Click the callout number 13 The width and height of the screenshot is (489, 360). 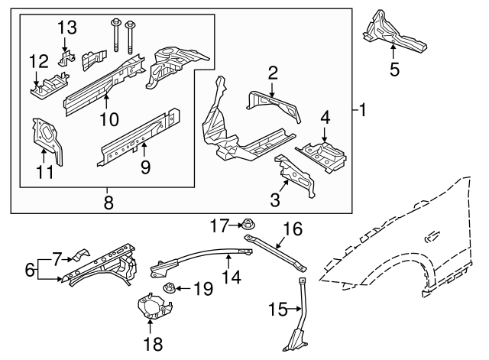coord(67,28)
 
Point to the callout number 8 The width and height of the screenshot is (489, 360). coord(107,203)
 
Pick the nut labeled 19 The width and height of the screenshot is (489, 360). coord(172,289)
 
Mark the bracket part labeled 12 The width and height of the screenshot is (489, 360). coord(47,86)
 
